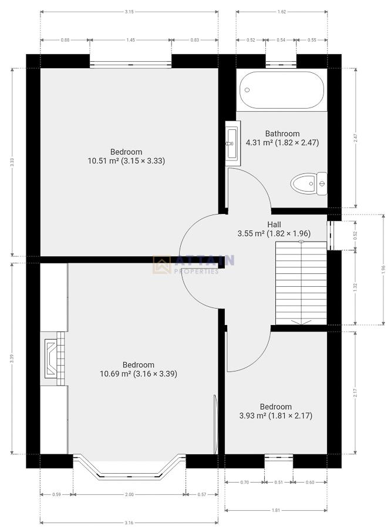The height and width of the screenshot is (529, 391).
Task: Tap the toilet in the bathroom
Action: pyautogui.click(x=308, y=183)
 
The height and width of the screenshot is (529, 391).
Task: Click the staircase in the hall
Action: pyautogui.click(x=301, y=282)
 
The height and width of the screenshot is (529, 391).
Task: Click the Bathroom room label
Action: pyautogui.click(x=282, y=133)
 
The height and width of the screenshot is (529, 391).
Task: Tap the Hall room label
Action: pyautogui.click(x=274, y=225)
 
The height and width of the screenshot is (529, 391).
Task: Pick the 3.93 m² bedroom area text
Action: pyautogui.click(x=276, y=416)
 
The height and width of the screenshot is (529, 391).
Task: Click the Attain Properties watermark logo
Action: pyautogui.click(x=194, y=264)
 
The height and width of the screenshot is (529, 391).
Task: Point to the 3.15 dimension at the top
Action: pyautogui.click(x=129, y=11)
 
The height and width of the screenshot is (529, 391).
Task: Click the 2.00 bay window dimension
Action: pyautogui.click(x=129, y=494)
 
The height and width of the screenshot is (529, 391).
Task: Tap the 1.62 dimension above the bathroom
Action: pyautogui.click(x=282, y=11)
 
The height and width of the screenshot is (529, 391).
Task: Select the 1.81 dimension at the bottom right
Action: pyautogui.click(x=276, y=510)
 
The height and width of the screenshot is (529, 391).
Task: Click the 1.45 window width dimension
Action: pyautogui.click(x=130, y=39)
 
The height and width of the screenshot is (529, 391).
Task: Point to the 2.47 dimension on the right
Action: pyautogui.click(x=356, y=138)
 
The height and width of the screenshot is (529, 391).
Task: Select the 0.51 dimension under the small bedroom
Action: pyautogui.click(x=278, y=482)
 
